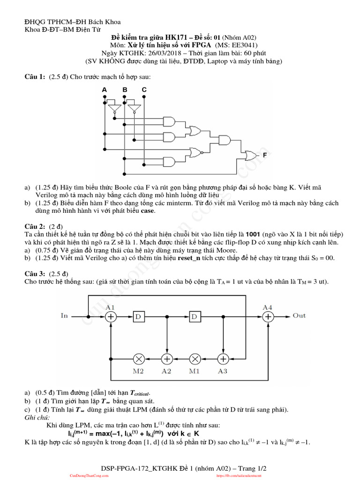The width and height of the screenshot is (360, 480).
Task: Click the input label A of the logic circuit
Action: point(105,90)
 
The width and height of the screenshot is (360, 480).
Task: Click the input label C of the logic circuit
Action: point(144,90)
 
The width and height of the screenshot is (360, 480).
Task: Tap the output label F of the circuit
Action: point(265,154)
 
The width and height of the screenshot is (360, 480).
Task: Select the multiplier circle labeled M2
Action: point(139,359)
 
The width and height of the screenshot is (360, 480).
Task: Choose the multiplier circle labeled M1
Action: point(195,359)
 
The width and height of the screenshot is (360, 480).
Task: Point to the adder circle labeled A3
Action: point(223,359)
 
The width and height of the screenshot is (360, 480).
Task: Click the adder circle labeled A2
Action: point(167,359)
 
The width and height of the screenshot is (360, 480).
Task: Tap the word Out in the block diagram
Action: point(299,315)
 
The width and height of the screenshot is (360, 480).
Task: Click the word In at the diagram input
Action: point(65,315)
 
